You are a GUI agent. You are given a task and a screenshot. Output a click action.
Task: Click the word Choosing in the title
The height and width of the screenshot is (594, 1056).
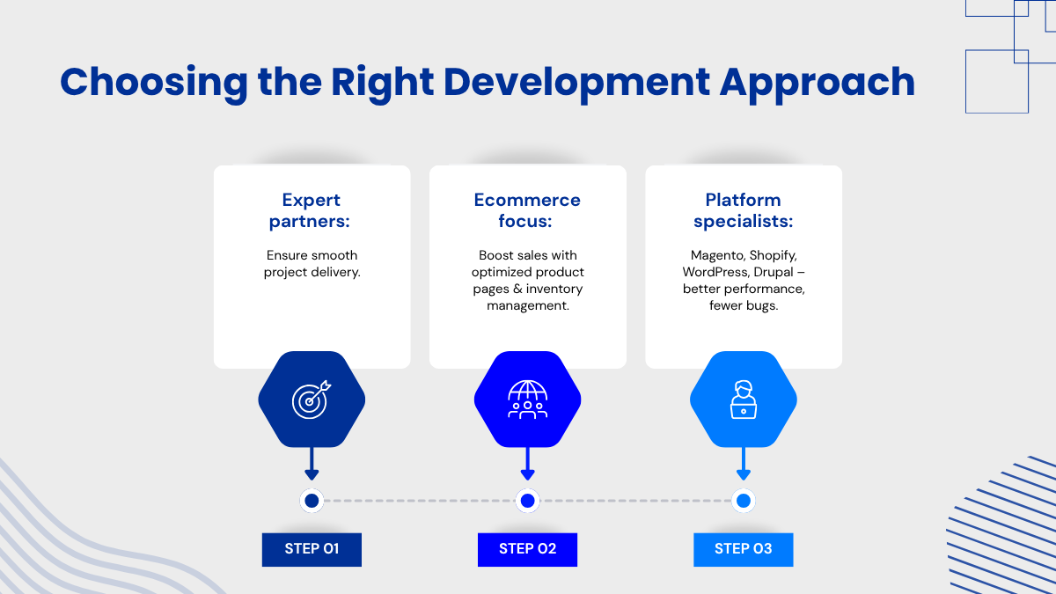154,84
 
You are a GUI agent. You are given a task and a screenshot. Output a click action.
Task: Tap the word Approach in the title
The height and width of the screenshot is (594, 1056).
817,84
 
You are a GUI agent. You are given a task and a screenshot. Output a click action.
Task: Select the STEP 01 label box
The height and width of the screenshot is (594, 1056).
312,550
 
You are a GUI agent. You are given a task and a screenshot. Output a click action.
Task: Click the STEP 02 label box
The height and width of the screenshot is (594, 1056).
527,550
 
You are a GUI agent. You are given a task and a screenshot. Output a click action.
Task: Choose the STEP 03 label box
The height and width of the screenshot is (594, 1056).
744,550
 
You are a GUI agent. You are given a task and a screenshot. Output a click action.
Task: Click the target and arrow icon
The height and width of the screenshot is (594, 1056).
312,400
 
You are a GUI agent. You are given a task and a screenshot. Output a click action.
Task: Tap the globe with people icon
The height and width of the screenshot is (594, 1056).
527,400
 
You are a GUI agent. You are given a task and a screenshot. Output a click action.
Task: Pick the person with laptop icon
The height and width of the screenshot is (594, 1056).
744,400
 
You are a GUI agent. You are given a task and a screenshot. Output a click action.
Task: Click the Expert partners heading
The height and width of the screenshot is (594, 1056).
310,210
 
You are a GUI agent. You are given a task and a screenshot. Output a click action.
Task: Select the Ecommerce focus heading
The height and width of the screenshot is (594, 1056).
527,210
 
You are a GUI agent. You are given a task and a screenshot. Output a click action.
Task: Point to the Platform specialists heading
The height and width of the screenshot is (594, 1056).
744,210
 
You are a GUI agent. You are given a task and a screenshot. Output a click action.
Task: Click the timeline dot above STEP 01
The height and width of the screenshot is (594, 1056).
312,501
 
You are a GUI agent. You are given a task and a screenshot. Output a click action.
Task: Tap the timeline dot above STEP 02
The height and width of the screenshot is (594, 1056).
527,501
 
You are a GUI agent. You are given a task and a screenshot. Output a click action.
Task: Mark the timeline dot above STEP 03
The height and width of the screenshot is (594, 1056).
744,501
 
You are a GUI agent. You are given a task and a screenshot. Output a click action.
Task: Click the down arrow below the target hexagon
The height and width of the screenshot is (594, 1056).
312,464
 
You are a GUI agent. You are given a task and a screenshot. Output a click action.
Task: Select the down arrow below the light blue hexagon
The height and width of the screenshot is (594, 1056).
744,464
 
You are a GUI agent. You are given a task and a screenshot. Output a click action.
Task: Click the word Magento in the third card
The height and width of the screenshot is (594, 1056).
718,255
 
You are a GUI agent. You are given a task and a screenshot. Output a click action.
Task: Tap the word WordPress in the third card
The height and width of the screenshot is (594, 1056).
716,272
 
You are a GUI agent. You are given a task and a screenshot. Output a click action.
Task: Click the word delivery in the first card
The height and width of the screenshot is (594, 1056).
335,273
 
